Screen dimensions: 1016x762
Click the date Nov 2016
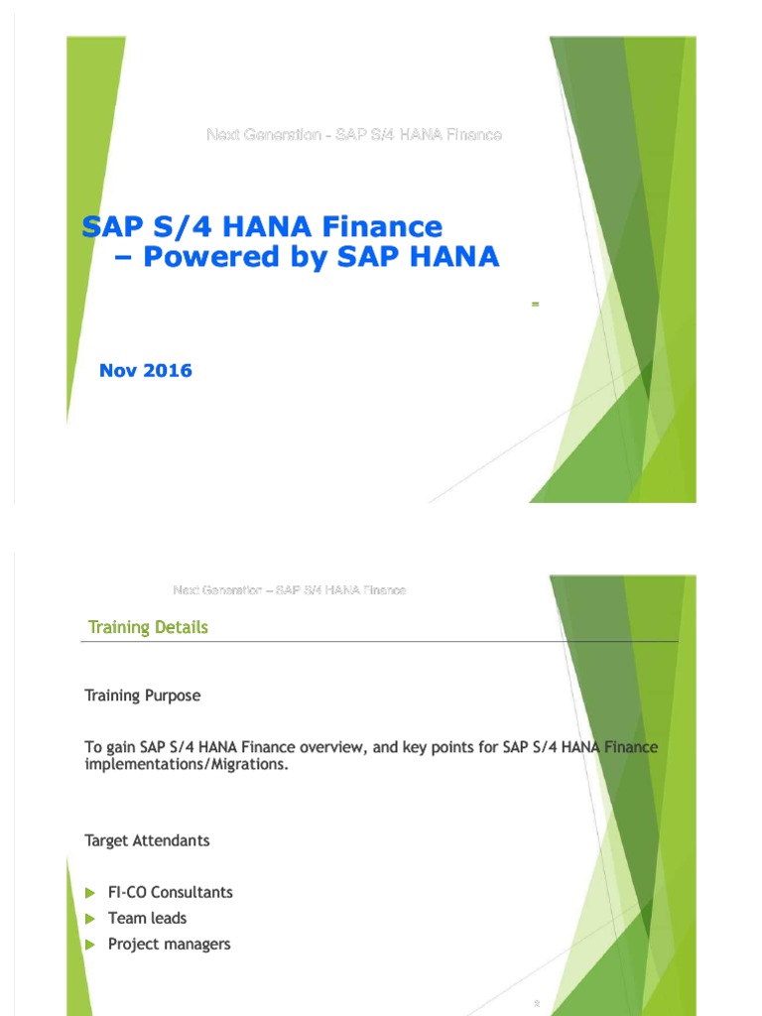click(x=146, y=371)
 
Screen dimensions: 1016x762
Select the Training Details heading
click(x=148, y=627)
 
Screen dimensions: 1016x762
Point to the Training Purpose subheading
click(x=143, y=696)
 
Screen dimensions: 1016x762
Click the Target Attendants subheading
click(x=147, y=840)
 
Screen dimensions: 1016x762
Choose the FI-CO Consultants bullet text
click(x=171, y=892)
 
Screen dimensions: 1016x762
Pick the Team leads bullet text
click(x=147, y=918)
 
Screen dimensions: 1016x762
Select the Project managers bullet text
click(x=169, y=944)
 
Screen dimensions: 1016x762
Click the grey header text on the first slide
click(x=353, y=134)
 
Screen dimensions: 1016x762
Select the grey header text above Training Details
click(x=290, y=590)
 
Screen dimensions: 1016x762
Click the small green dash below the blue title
click(x=535, y=304)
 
